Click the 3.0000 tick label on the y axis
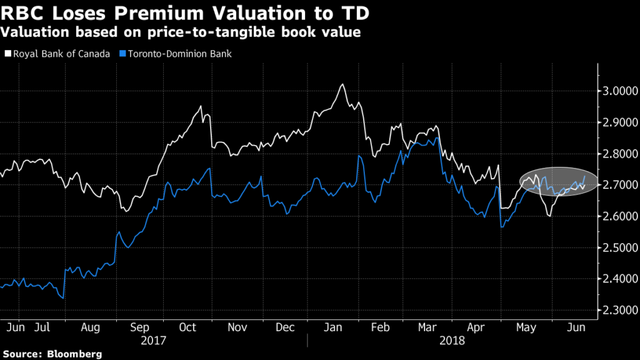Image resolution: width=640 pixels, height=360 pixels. [619, 91]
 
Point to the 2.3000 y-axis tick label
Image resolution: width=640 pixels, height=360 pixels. [619, 310]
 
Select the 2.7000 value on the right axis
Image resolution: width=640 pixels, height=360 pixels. [619, 185]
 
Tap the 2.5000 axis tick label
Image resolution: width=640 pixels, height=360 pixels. [619, 247]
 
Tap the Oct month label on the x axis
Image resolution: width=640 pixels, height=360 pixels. [187, 327]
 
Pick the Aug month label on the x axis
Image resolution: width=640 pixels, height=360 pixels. [91, 327]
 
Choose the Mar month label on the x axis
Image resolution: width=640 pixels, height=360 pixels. [426, 327]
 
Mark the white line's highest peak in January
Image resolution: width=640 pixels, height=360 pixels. [341, 84]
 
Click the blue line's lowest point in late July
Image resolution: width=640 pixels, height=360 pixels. [62, 298]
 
